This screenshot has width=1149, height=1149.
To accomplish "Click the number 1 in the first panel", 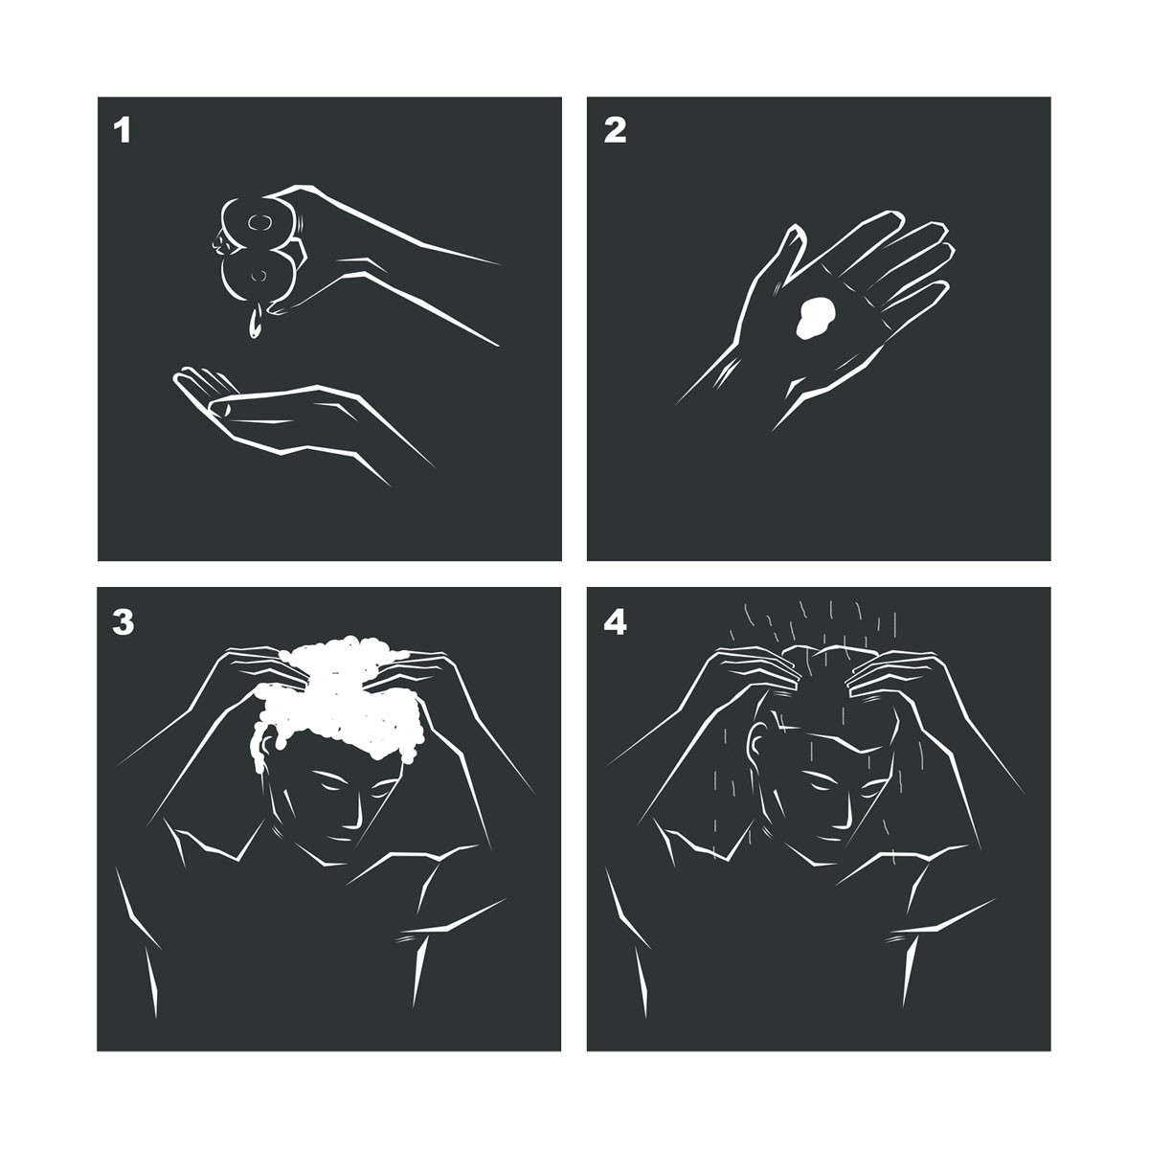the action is (x=123, y=130).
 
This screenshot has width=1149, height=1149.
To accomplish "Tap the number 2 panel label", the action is (x=615, y=130).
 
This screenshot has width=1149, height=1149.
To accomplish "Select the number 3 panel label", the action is (x=123, y=622).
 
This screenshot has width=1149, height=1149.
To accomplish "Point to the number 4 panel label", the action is (x=615, y=622).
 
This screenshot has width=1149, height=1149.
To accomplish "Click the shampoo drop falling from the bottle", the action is (x=255, y=323).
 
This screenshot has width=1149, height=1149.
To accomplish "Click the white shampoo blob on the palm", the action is (x=816, y=318).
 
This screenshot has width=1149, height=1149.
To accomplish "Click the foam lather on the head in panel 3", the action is (x=340, y=698).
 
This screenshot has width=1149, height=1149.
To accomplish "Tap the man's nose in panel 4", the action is (x=844, y=810).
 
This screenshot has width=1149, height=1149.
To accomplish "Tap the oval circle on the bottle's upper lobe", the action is (x=260, y=222).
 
